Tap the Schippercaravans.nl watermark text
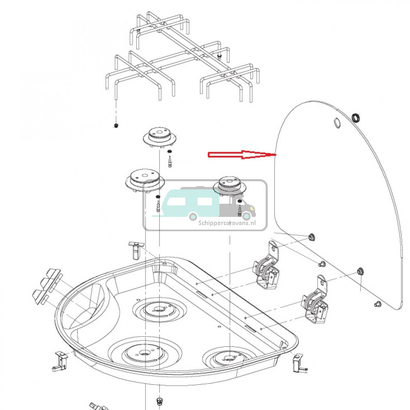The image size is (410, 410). pyautogui.click(x=227, y=223)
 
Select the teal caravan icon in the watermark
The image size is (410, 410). pyautogui.click(x=190, y=203)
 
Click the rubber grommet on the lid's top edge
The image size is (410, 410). pyautogui.click(x=357, y=118)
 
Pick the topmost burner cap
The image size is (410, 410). pyautogui.click(x=159, y=137)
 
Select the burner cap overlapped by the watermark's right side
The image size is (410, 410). pyautogui.click(x=230, y=185)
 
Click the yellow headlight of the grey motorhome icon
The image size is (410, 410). pyautogui.click(x=247, y=216)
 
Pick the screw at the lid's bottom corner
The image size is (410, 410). pyautogui.click(x=378, y=304)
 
